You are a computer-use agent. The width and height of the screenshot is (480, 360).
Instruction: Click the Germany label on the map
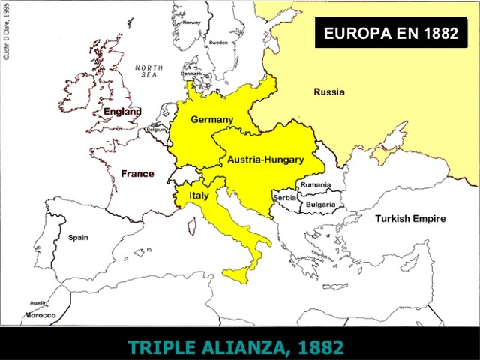point(211,119)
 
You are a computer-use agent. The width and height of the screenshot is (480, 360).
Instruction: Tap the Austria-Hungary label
point(265,160)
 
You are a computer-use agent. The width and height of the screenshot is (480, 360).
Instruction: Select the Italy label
point(198,195)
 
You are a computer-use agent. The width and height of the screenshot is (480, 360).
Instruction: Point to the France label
point(137,174)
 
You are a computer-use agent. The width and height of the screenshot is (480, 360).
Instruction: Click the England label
point(122,112)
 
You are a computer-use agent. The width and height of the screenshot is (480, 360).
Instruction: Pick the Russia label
point(329,92)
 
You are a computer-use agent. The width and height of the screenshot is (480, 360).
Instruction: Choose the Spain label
point(78,237)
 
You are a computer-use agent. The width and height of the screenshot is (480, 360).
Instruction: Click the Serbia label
point(285,197)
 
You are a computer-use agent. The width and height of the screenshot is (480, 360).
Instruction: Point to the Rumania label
point(316,184)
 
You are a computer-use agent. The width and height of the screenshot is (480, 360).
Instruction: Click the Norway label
point(192,22)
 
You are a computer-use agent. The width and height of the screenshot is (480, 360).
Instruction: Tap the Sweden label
point(218,43)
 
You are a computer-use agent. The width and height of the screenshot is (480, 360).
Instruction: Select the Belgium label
point(157,130)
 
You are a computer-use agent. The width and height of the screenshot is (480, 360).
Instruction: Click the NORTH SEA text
point(148,72)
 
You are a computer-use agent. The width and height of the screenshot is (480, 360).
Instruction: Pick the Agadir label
point(37,303)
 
